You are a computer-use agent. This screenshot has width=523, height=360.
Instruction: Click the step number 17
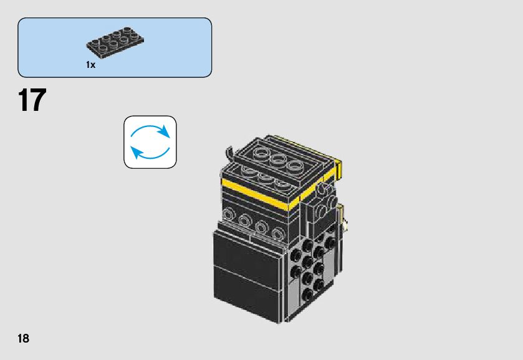pos(32,101)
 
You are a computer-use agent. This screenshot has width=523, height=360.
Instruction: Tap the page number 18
pos(24,338)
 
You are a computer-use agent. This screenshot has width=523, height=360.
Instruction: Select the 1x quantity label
pos(91,65)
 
